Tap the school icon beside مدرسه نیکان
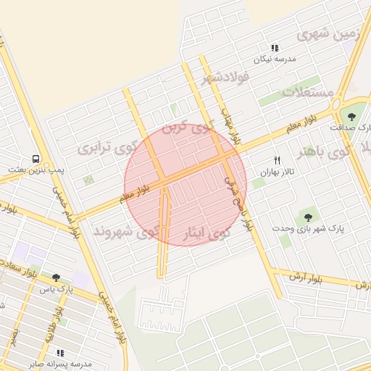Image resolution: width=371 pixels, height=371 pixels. point(275,48)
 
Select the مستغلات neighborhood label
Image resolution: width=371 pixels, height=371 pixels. point(307,92)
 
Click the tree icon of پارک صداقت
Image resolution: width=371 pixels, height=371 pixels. point(352,116)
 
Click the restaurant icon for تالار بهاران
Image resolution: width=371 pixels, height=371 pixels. point(276,160)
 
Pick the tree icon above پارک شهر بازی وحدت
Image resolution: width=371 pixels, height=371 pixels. point(308,217)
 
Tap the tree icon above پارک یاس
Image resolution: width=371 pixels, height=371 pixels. point(56,277)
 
